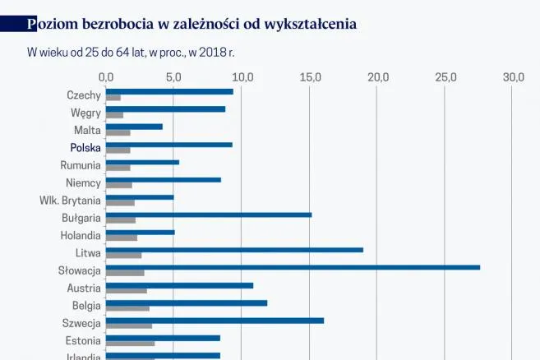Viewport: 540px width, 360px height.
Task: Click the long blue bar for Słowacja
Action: click(x=293, y=267)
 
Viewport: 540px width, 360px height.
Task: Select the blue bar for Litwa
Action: click(x=234, y=250)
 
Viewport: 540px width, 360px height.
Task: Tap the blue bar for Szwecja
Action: click(x=215, y=321)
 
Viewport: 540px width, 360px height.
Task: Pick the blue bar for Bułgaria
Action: click(x=209, y=215)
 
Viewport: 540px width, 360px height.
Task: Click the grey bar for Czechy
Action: click(x=113, y=98)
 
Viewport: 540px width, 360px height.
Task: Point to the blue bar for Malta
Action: click(x=134, y=127)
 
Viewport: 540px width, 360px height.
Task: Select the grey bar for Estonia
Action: click(x=130, y=344)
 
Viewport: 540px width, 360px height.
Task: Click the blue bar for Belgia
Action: click(x=187, y=302)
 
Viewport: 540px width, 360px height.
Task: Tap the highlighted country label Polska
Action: click(x=85, y=148)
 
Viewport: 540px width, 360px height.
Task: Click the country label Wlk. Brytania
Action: click(x=70, y=200)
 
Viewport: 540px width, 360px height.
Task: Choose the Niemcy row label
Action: click(x=83, y=182)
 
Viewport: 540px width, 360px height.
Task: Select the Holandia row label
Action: click(x=81, y=235)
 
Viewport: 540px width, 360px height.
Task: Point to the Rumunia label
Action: click(x=81, y=165)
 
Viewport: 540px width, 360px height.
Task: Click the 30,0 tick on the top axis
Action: click(x=514, y=76)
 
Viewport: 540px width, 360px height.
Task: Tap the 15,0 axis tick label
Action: click(x=311, y=76)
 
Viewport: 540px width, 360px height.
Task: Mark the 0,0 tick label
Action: click(x=106, y=76)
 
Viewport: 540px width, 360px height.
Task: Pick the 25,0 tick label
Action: click(x=446, y=76)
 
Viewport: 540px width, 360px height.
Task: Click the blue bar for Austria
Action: click(x=179, y=285)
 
